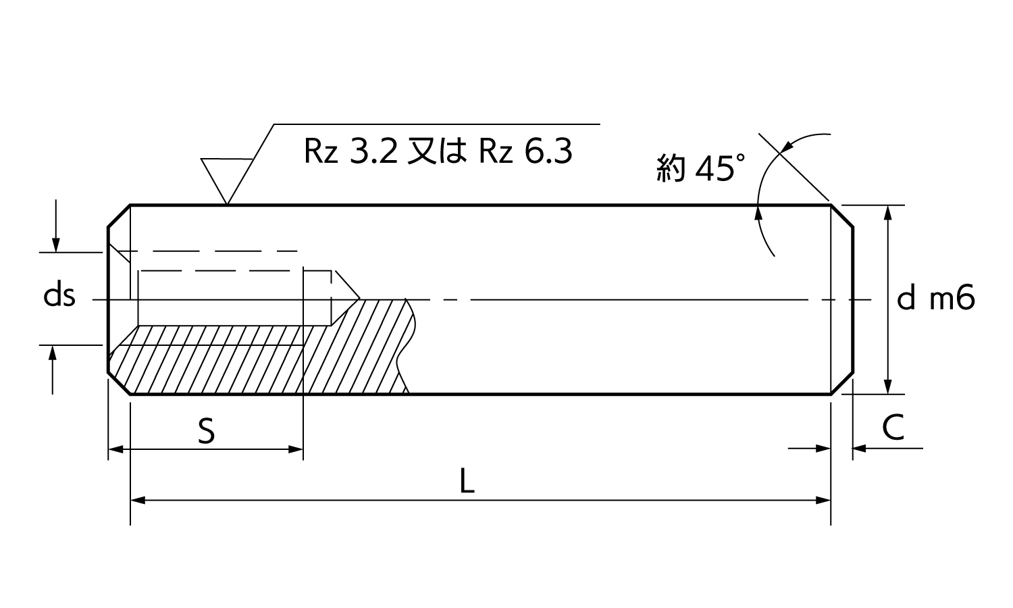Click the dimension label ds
pos(59,297)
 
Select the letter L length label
pos(467,481)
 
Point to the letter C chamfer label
pos(893,428)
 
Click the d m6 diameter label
pos(935,298)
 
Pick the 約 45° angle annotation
pos(700,168)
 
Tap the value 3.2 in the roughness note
pos(374,151)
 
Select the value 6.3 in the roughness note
pos(548,151)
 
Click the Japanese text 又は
pos(438,151)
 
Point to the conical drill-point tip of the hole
pos(359,299)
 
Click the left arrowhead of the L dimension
pos(138,501)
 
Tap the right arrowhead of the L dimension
pos(823,501)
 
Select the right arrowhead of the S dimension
pos(295,449)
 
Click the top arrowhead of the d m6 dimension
pos(888,213)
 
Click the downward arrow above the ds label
pos(55,226)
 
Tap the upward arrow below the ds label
pos(53,370)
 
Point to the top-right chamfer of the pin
pos(842,216)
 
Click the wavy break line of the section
pos(406,346)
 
